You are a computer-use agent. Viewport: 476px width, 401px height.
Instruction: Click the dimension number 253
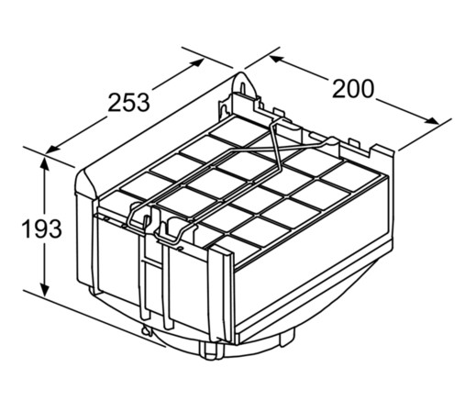[x=128, y=102]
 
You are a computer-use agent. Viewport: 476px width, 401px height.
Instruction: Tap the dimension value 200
[x=353, y=89]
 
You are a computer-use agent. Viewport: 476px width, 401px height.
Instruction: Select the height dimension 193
[x=42, y=228]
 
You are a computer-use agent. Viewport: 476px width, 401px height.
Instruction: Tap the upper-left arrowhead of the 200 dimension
[x=277, y=59]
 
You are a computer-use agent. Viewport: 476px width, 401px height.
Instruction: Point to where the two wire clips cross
[x=275, y=149]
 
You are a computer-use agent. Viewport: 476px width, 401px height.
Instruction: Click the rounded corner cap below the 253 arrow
[x=86, y=184]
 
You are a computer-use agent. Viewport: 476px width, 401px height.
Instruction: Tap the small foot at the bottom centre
[x=209, y=351]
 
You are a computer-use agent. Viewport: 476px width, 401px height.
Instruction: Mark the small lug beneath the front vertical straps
[x=146, y=331]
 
